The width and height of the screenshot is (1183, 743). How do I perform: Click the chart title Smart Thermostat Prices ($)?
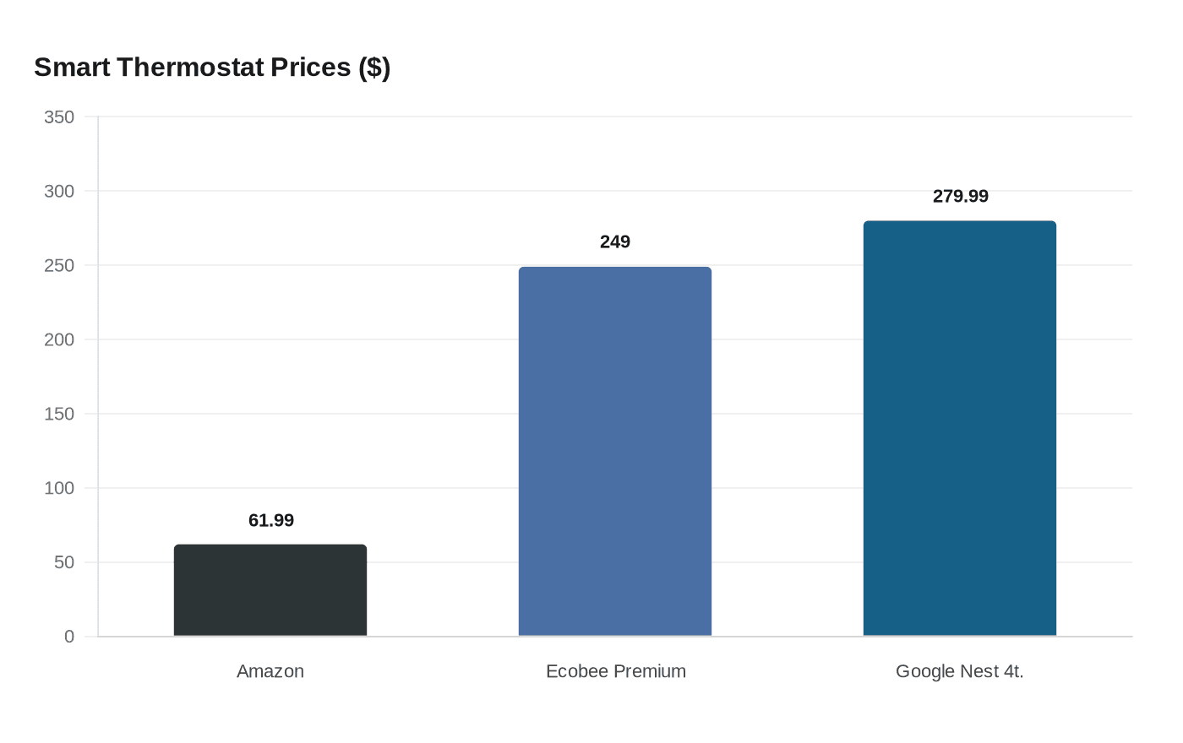[212, 68]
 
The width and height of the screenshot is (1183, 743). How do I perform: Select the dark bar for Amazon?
[270, 590]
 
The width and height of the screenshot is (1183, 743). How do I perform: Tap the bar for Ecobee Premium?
[615, 452]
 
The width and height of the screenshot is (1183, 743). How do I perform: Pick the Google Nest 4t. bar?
[960, 429]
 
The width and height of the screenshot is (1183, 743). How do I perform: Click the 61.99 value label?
[271, 521]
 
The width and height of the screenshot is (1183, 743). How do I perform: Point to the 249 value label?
[615, 242]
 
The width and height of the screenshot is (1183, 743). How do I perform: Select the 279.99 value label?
[961, 197]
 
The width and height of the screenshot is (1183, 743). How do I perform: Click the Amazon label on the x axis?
[270, 671]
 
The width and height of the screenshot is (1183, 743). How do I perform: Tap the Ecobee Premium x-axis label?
[616, 671]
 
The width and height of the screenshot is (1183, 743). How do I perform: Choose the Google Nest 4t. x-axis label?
[960, 671]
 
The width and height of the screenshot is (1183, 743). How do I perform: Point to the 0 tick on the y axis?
[69, 637]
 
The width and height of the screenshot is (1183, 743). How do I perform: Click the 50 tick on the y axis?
[64, 562]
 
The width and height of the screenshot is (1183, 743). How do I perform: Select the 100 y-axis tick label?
[59, 488]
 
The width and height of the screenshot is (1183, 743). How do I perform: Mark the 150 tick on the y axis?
[59, 414]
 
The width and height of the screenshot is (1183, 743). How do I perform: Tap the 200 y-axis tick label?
[59, 339]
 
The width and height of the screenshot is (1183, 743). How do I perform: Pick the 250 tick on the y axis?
[59, 265]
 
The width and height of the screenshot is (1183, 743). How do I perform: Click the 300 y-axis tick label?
[59, 192]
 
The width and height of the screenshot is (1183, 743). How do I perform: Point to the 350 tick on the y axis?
[59, 117]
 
